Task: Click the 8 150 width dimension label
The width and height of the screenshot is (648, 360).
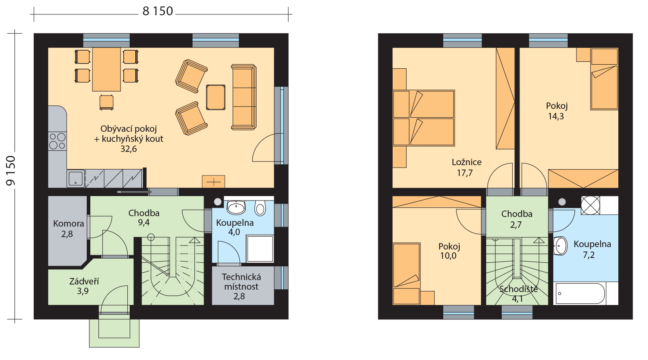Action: tap(158, 11)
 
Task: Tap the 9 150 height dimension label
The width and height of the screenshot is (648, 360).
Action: tap(11, 170)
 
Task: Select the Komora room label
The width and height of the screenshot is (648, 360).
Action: tap(69, 223)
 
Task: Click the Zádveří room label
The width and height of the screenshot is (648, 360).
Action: tap(84, 281)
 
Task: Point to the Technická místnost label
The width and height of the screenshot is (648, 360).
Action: tap(241, 282)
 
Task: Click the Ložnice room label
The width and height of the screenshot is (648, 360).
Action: tap(467, 162)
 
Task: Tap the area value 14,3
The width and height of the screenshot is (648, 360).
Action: tap(556, 117)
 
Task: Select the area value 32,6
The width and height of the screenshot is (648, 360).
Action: tap(129, 149)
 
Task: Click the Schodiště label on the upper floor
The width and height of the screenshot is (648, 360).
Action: tap(518, 289)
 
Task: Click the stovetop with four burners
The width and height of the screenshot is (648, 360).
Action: tap(57, 141)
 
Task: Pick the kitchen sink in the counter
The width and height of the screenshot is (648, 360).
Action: tap(76, 178)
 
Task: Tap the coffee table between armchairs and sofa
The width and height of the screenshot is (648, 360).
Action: tap(216, 97)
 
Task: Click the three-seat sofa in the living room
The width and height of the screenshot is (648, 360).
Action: tap(244, 97)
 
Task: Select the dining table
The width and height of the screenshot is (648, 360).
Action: tap(106, 70)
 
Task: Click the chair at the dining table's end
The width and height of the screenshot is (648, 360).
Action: tap(106, 102)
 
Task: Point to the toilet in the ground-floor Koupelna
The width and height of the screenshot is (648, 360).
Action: tap(260, 207)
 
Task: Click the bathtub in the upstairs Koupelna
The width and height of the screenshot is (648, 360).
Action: tap(580, 293)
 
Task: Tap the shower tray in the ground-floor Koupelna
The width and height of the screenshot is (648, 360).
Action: tap(260, 249)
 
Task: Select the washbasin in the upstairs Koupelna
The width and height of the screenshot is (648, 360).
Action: tap(560, 246)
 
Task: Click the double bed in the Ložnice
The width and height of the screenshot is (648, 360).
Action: tap(424, 118)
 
